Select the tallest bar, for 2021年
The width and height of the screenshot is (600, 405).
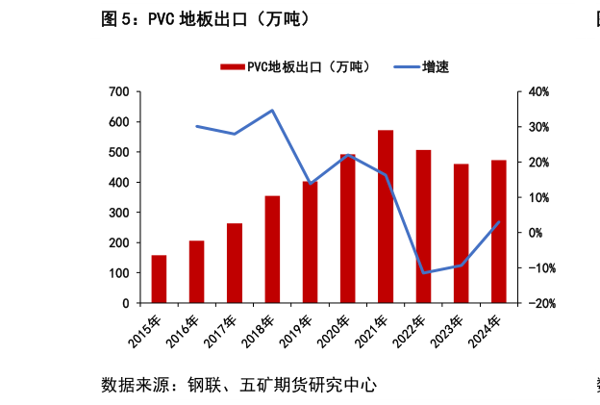pos(386,216)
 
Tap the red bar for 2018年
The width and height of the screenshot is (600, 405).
pos(272,249)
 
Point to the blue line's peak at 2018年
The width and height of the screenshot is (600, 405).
pos(272,110)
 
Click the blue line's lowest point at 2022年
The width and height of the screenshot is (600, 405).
pos(423,273)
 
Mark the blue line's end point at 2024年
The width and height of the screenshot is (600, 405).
pos(499,221)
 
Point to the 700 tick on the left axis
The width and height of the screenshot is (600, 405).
pos(118,91)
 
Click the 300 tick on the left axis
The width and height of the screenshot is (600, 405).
pos(118,213)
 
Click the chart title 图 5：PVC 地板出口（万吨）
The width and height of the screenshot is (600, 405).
pos(206,19)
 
